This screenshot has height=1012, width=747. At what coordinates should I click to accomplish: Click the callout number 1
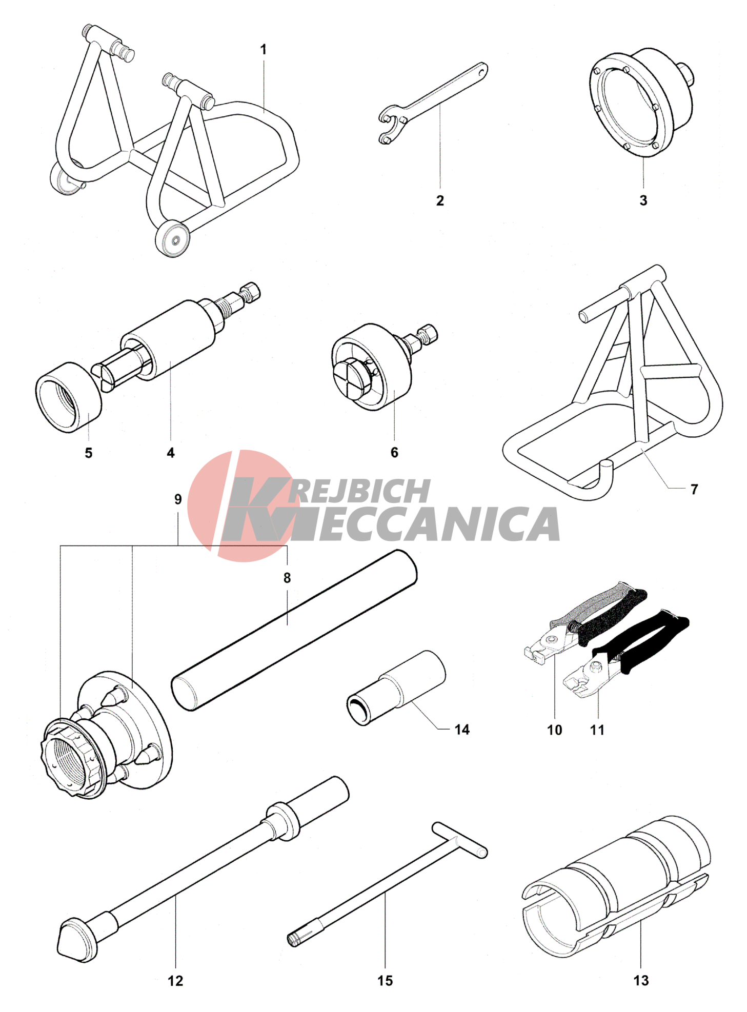(263, 50)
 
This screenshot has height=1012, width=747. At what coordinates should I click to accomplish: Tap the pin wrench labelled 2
(433, 103)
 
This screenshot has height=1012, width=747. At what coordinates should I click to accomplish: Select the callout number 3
(643, 200)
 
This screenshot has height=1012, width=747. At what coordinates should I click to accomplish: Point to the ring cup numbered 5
(69, 397)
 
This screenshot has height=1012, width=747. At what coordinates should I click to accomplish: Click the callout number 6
(394, 452)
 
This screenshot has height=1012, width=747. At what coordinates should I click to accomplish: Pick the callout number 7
(694, 489)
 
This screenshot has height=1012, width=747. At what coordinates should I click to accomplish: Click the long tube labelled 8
(294, 630)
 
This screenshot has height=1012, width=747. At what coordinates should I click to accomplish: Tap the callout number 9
(178, 499)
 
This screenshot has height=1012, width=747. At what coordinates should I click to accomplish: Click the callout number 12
(175, 981)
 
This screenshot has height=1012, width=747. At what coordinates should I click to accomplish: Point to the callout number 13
(641, 980)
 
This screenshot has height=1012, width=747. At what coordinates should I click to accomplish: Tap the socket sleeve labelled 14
(396, 687)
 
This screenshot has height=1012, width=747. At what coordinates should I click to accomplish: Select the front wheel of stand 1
(173, 239)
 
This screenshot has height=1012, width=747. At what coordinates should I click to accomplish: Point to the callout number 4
(170, 453)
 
